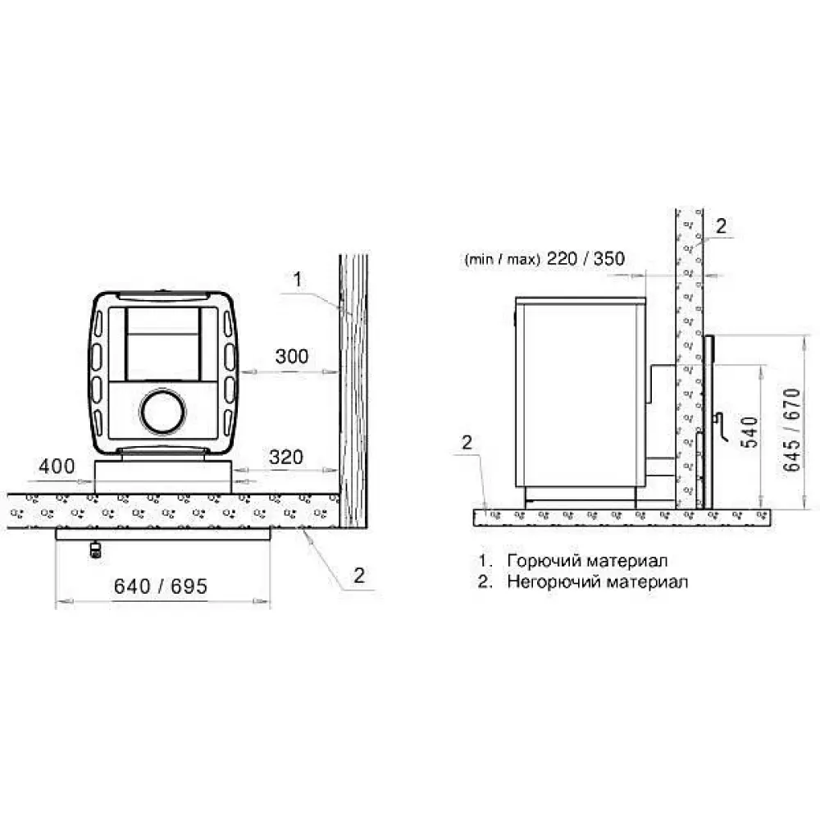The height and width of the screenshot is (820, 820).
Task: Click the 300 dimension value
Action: click(x=292, y=356)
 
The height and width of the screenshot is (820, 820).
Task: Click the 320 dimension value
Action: click(x=286, y=457)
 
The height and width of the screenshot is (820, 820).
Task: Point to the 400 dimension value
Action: click(x=57, y=466)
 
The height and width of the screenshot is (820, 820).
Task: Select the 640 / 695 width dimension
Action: click(x=161, y=586)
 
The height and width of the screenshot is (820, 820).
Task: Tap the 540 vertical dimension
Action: click(x=749, y=432)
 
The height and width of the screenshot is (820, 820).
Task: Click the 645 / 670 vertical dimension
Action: click(x=792, y=430)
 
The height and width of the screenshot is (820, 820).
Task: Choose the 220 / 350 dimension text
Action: click(x=585, y=258)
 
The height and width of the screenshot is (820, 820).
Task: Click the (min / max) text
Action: click(x=502, y=259)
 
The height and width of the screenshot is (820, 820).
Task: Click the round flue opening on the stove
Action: click(x=162, y=411)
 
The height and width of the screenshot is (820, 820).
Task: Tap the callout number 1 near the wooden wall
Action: click(x=298, y=280)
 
